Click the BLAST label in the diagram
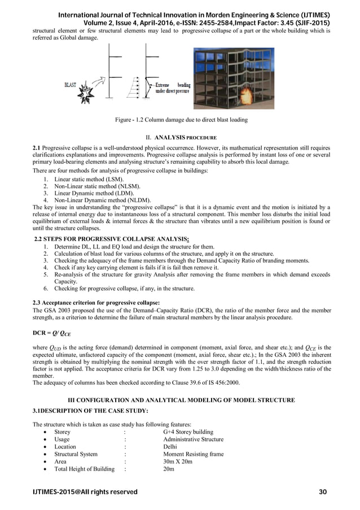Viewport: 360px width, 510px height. (71, 85)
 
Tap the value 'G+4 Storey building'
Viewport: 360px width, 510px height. (188, 431)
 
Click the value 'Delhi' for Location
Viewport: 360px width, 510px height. (170, 447)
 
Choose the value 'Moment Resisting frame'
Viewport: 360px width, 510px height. (193, 454)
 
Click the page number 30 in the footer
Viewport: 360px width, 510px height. (323, 492)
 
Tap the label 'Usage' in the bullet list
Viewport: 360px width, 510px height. (62, 439)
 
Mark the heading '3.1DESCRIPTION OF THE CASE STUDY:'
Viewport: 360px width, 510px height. (90, 411)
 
